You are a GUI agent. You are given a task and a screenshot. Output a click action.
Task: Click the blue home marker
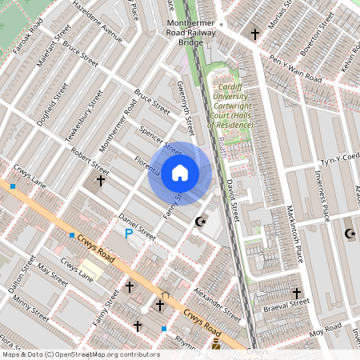180,173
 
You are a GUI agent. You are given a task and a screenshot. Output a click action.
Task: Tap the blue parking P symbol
129,233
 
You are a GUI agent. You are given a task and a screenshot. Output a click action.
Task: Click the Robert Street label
89,158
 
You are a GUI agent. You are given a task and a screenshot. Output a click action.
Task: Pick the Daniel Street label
136,226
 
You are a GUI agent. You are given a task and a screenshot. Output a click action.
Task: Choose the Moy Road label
326,330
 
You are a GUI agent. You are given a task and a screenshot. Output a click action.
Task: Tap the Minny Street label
28,308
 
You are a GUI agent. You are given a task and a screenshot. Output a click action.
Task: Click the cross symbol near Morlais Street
255,34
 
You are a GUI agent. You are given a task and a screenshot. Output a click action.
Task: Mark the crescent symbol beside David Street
201,221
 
